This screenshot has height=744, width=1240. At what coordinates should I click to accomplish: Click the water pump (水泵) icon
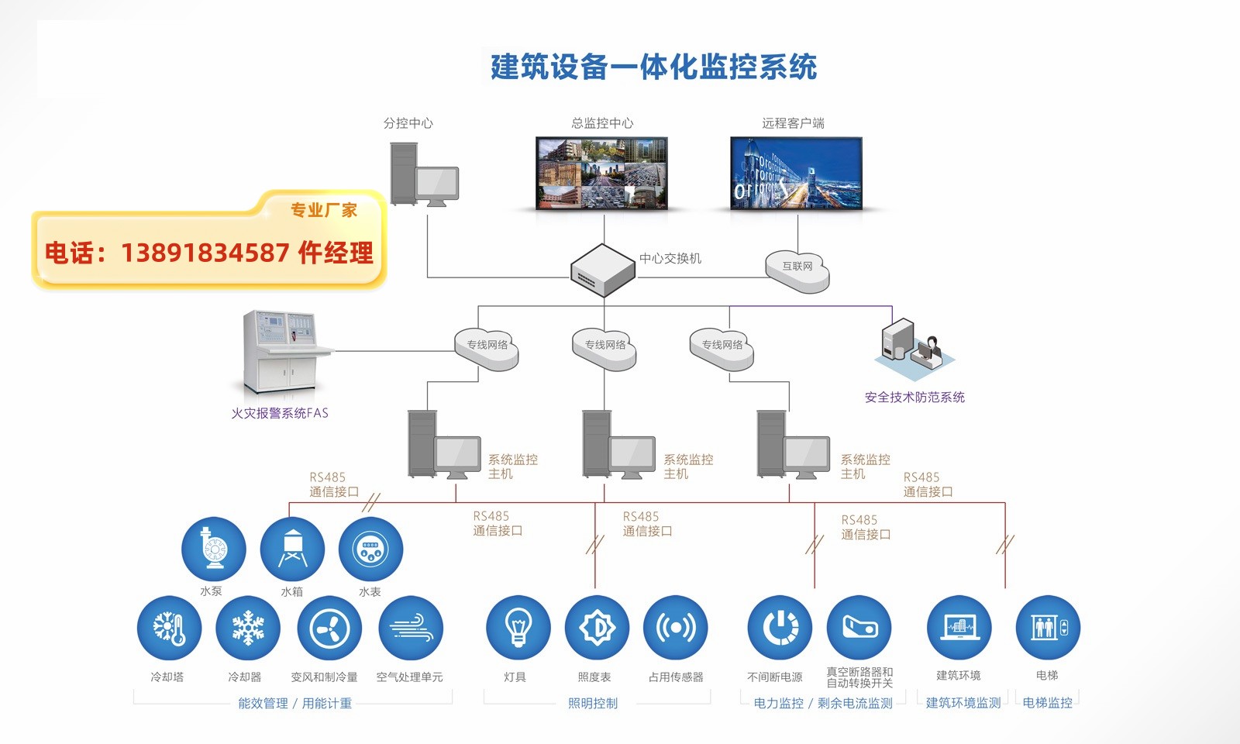tap(213, 549)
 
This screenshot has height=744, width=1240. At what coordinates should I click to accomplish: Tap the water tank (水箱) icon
tap(292, 549)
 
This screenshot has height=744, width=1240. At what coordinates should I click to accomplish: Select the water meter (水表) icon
tap(370, 549)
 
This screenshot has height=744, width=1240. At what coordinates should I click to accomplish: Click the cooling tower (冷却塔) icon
tap(169, 628)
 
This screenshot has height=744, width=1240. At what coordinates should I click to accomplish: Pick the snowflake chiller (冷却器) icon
tap(248, 628)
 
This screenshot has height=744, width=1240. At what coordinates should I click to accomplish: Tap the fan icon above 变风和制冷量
tap(329, 628)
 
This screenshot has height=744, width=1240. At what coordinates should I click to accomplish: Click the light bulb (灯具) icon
tap(518, 628)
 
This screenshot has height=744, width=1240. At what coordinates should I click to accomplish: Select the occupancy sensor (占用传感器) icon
tap(675, 628)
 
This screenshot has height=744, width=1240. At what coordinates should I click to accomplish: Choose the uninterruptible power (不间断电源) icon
tap(780, 628)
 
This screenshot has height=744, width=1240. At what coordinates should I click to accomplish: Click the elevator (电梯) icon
tap(1047, 628)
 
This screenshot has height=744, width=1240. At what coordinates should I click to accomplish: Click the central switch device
tap(603, 270)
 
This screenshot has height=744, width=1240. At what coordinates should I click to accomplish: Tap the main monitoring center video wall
tap(602, 174)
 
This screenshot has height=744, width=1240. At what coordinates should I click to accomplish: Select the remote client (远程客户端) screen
tap(796, 174)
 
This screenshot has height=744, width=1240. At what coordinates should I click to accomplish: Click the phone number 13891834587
tap(205, 253)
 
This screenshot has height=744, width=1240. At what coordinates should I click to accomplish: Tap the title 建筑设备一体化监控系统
tap(653, 67)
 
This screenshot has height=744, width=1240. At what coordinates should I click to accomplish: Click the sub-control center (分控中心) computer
tap(423, 176)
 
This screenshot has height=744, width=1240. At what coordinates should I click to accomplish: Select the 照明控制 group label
tap(593, 704)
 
